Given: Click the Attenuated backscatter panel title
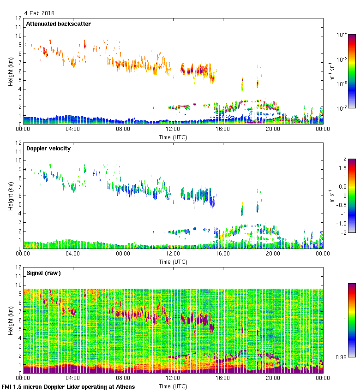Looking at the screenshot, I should pos(58,24).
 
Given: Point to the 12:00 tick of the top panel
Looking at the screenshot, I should pos(173,130).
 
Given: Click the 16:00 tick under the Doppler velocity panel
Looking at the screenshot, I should pos(222,254).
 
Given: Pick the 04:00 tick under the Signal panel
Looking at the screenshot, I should pos(73,378).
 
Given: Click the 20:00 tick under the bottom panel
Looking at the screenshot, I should pos(273,378).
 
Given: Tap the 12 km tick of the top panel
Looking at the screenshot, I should pos(19,18).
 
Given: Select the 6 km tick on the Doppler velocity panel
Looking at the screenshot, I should pos(19,196).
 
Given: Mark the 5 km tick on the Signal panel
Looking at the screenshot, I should pos(19,329).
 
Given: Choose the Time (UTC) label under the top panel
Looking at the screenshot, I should pos(173,137).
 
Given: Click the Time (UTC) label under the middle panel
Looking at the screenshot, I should pos(173,262).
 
